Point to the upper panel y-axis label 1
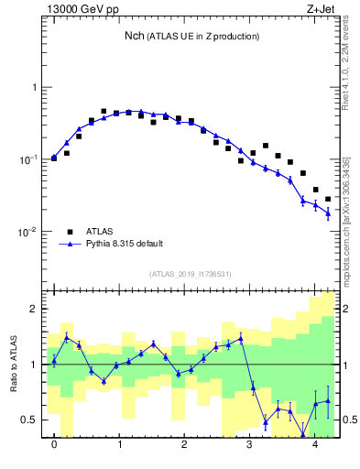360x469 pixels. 36,88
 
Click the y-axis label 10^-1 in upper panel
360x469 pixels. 30,159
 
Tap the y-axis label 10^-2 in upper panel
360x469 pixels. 30,232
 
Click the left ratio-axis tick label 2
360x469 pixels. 36,309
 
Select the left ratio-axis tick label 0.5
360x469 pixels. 32,420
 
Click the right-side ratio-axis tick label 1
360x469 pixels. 344,365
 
